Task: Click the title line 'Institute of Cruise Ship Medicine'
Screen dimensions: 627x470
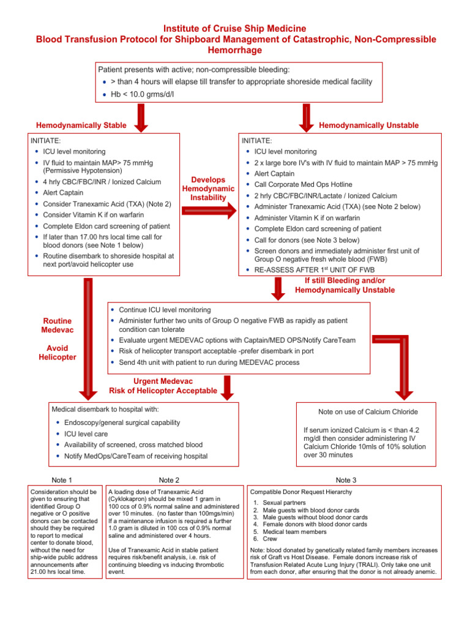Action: pos(235,29)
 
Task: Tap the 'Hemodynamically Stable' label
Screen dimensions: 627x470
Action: pos(81,126)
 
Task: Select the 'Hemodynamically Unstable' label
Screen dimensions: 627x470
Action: pos(369,126)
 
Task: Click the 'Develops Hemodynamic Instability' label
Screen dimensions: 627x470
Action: pos(208,189)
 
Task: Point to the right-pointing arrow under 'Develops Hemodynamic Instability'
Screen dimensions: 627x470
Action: pos(208,211)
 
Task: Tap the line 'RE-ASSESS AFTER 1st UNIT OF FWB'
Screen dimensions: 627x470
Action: pos(316,269)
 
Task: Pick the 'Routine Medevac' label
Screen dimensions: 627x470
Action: pos(58,325)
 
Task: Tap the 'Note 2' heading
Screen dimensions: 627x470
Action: pos(169,480)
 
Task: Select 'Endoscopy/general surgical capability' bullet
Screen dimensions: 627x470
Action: pos(122,422)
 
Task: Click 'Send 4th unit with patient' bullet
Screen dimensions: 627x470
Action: pos(209,362)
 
